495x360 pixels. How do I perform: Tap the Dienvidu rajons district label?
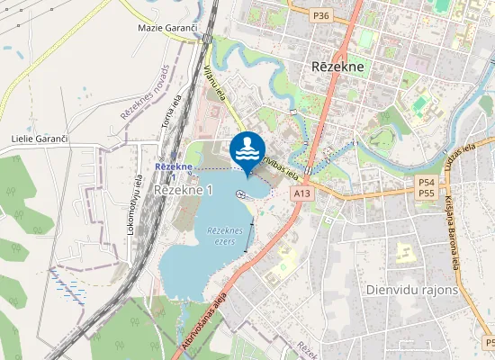click(412, 290)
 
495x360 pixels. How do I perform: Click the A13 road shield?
click(301, 193)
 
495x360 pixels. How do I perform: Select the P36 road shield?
click(321, 15)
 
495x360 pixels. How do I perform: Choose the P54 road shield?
click(427, 182)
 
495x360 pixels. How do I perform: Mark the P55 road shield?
click(427, 193)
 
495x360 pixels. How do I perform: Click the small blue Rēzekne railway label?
click(173, 167)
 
